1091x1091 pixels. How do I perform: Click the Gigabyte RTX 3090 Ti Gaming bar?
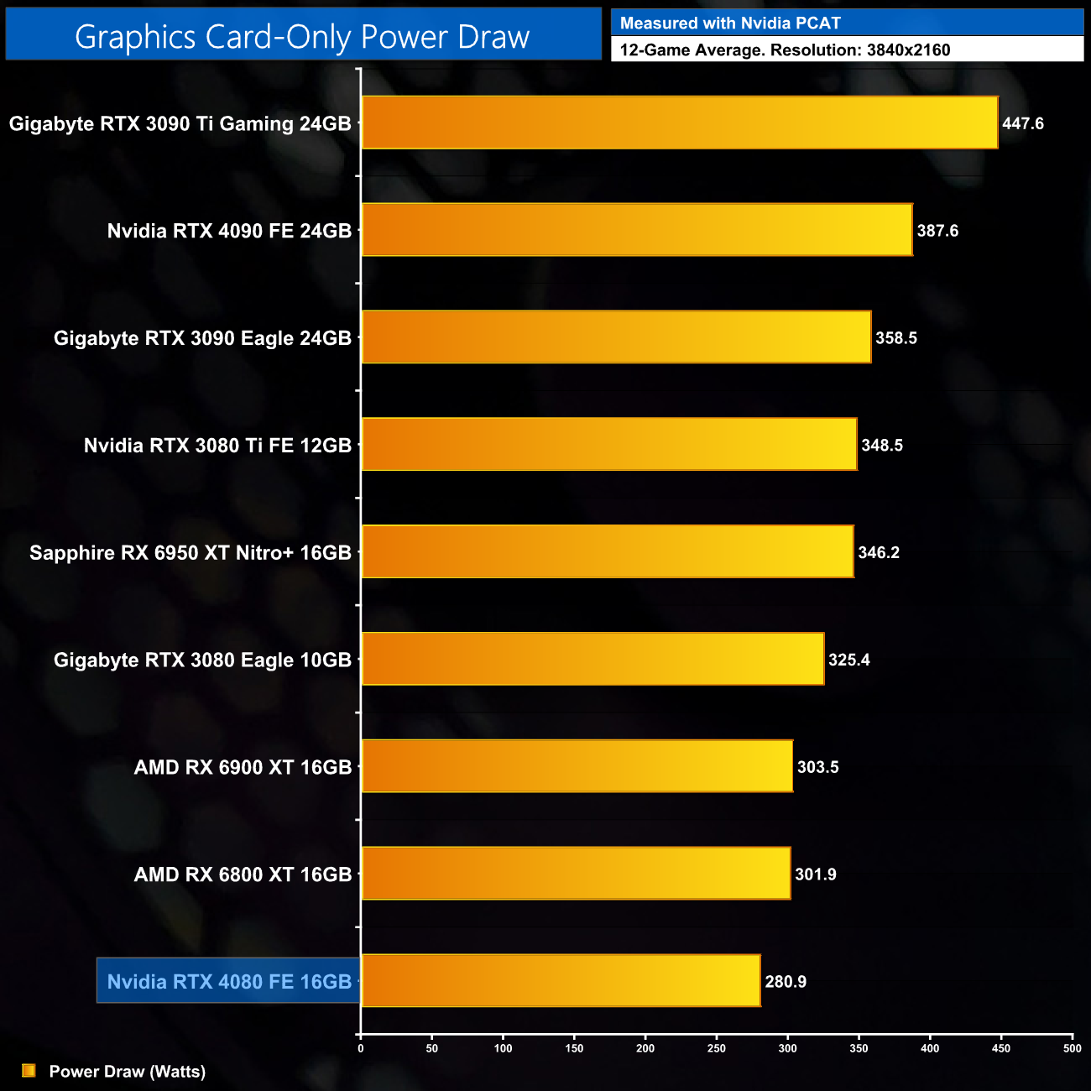pos(680,123)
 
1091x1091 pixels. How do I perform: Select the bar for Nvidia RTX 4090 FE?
pos(637,230)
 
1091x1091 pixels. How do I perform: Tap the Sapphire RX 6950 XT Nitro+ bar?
pos(608,551)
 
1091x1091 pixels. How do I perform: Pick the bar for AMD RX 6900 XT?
pos(577,766)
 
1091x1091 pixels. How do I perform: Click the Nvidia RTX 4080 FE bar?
pos(561,980)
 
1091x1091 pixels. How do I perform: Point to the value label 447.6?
pos(1023,123)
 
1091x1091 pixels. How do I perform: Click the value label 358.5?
pos(896,338)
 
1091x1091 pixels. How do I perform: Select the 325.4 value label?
pos(849,660)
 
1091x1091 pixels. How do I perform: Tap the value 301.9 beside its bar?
pos(816,874)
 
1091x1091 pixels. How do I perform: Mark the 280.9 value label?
pos(786,982)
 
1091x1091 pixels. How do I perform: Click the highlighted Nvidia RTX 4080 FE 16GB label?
pos(229,981)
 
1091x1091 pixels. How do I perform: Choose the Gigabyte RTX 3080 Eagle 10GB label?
pos(202,660)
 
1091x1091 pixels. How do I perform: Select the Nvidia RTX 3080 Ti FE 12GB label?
pos(217,446)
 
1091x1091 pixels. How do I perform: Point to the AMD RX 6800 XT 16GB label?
pos(243,874)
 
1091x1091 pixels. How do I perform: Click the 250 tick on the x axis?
pos(717,1048)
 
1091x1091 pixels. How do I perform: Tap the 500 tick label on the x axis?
pos(1072,1048)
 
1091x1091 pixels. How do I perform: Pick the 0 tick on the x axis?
pos(361,1048)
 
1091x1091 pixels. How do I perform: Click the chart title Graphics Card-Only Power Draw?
pos(302,37)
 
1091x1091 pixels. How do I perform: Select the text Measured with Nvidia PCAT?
pos(730,23)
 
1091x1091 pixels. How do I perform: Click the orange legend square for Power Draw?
pos(29,1071)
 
